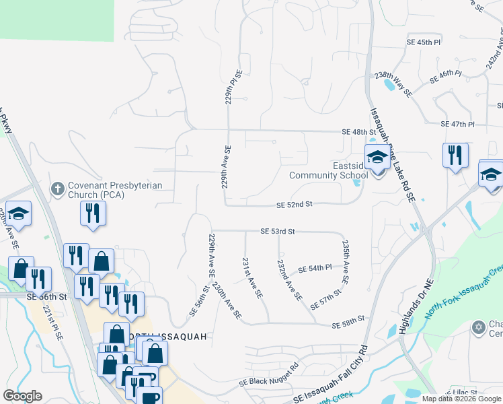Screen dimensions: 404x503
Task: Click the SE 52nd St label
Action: pos(295,204)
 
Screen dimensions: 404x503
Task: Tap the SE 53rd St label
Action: pos(278,231)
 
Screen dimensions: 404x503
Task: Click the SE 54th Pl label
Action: pos(315,268)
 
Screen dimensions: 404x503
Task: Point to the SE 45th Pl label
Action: pos(424,42)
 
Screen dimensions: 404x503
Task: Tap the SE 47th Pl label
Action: pos(458,125)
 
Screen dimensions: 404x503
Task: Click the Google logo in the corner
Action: pos(22,396)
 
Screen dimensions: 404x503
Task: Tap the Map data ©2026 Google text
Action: pos(461,399)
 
